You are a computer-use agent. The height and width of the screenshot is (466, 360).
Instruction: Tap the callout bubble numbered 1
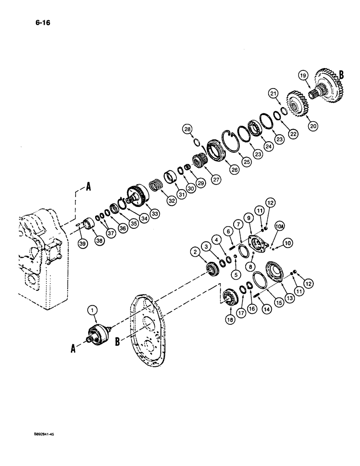point(93,309)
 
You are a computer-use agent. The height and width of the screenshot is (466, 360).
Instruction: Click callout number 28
point(187,129)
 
